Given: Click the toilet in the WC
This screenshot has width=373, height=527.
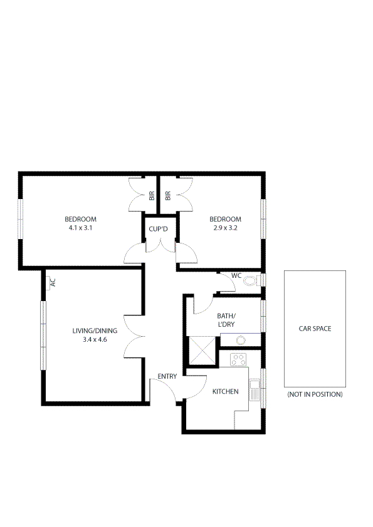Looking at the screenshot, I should (x=251, y=280).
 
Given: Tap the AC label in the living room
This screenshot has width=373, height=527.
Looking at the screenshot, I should (x=53, y=282).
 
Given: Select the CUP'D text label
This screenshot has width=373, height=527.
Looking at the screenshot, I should (x=159, y=229).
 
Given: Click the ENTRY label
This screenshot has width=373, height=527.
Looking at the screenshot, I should (x=167, y=376).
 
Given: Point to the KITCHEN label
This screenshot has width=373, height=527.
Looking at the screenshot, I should (x=225, y=392).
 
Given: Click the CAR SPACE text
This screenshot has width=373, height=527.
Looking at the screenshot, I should (x=315, y=329).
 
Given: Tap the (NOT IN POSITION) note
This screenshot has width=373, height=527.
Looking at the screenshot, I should (x=315, y=395).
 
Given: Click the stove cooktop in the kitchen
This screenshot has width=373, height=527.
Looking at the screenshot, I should (x=238, y=359).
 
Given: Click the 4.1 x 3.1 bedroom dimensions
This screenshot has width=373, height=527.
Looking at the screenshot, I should (x=80, y=228).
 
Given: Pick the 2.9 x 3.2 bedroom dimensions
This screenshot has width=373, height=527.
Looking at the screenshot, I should (x=225, y=228).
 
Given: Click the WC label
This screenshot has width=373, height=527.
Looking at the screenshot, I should (x=236, y=275).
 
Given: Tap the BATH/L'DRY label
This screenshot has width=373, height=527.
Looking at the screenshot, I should (x=226, y=320).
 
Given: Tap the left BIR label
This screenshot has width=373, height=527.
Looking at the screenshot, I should (x=152, y=195).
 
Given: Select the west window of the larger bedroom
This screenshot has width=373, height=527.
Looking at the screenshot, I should (x=21, y=218).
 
